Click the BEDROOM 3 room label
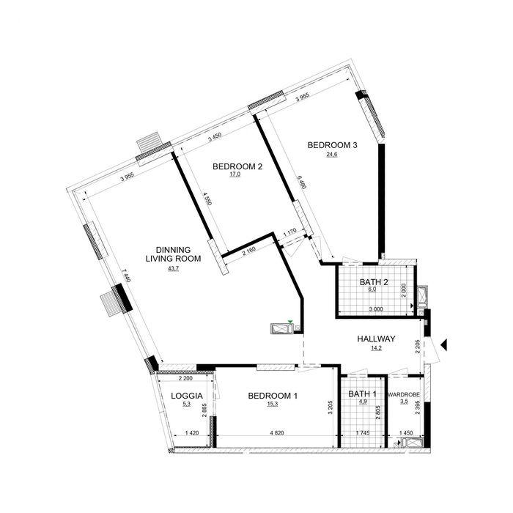tap(332, 145)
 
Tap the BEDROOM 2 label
tap(237, 166)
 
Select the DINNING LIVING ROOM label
tap(173, 254)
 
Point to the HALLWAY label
tap(376, 339)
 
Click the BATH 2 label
tap(374, 282)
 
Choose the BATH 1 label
tap(362, 394)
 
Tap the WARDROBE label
tap(404, 395)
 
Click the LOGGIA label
tap(186, 396)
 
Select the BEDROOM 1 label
tap(273, 396)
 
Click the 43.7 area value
tap(173, 269)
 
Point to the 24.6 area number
tap(332, 155)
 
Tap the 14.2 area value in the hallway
tap(376, 348)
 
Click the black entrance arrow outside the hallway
tap(443, 345)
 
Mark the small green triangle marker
tap(289, 322)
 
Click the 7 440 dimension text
tap(126, 276)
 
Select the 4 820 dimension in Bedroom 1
tap(277, 433)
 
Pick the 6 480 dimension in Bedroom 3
tap(301, 182)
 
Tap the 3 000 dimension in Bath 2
tap(376, 309)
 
